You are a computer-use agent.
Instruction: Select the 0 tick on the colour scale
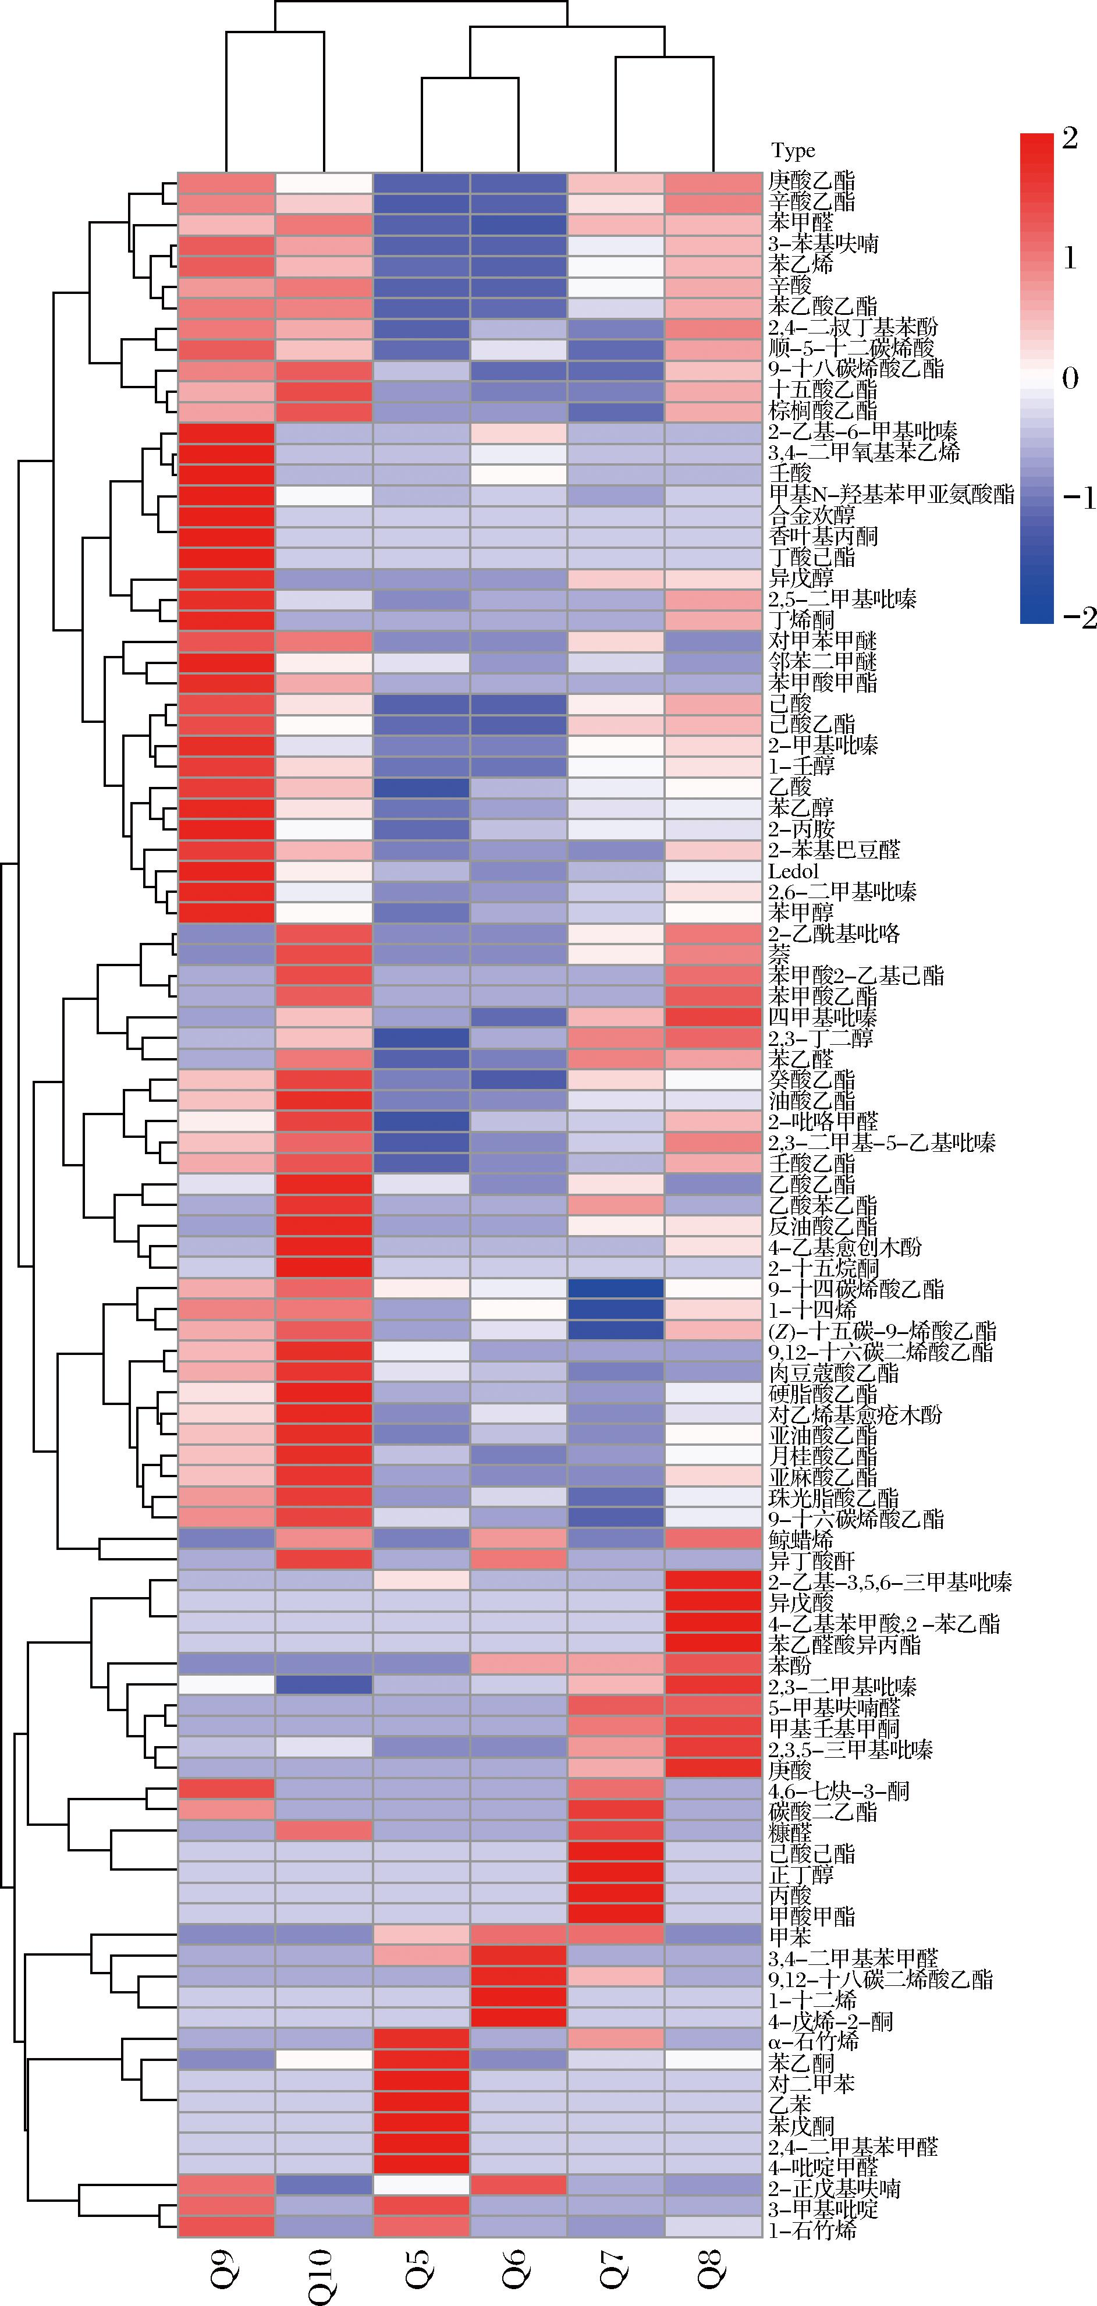click(1070, 378)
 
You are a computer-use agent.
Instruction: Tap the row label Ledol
click(794, 871)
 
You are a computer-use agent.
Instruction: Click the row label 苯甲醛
click(801, 222)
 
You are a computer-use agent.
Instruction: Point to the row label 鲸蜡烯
click(801, 1539)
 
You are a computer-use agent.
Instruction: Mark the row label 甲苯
click(790, 1936)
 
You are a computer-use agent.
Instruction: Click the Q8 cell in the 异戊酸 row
click(712, 1602)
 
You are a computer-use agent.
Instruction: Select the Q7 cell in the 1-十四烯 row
click(616, 1310)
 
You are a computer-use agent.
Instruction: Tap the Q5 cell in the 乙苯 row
click(421, 2103)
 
